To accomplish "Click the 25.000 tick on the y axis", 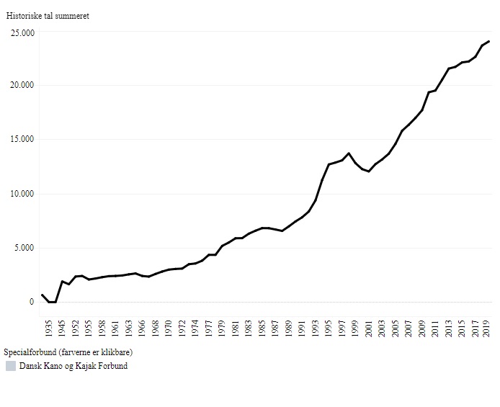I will coord(22,32).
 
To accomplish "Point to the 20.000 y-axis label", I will coord(22,86).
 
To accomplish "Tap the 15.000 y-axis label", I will coord(22,140).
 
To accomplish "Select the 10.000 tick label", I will coord(22,194).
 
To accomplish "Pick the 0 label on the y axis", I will coord(31,303).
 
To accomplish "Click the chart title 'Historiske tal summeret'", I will coord(48,16).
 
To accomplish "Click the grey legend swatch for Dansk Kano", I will coord(11,366).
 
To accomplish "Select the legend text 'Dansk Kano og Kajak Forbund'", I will coord(73,366).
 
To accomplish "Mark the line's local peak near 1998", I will coord(349,153).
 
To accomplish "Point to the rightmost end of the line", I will coord(489,41).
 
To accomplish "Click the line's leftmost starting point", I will coord(42,295).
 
